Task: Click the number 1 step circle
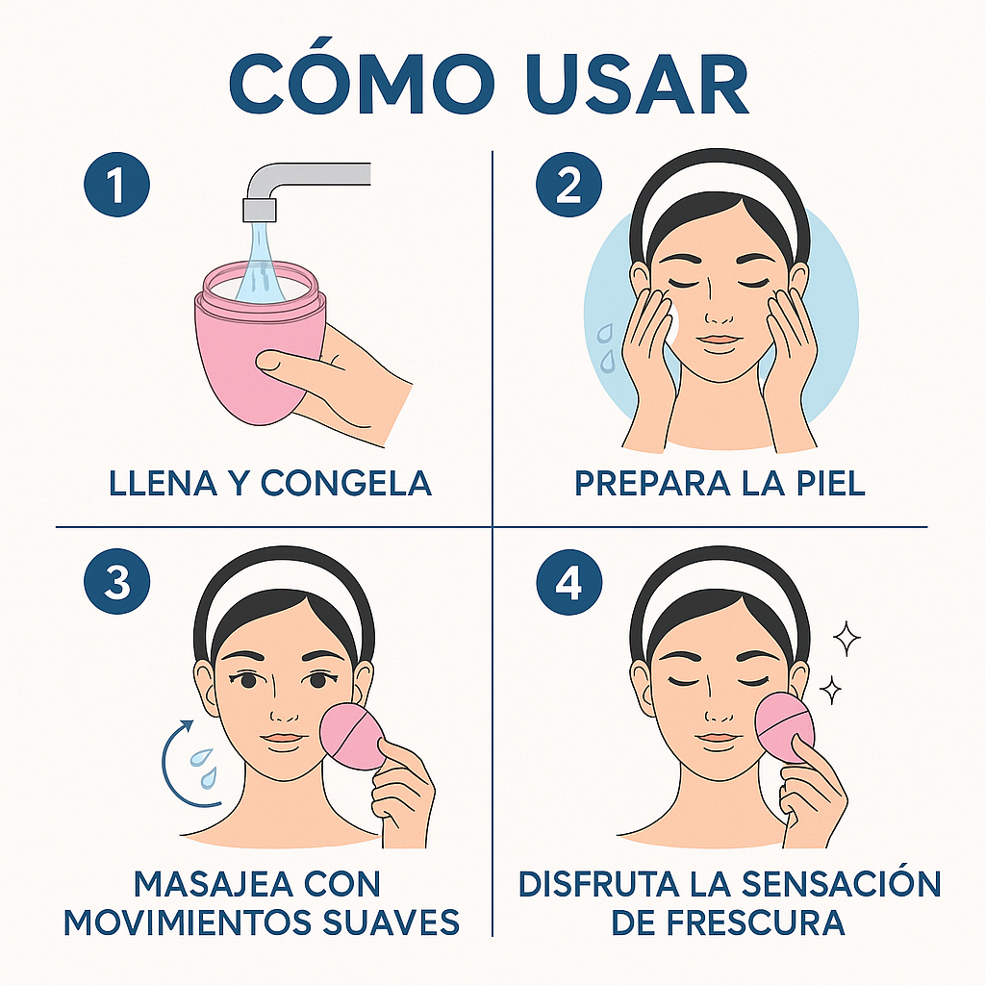coord(116,186)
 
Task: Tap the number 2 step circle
coord(568,186)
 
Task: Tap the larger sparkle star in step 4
coord(846,637)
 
